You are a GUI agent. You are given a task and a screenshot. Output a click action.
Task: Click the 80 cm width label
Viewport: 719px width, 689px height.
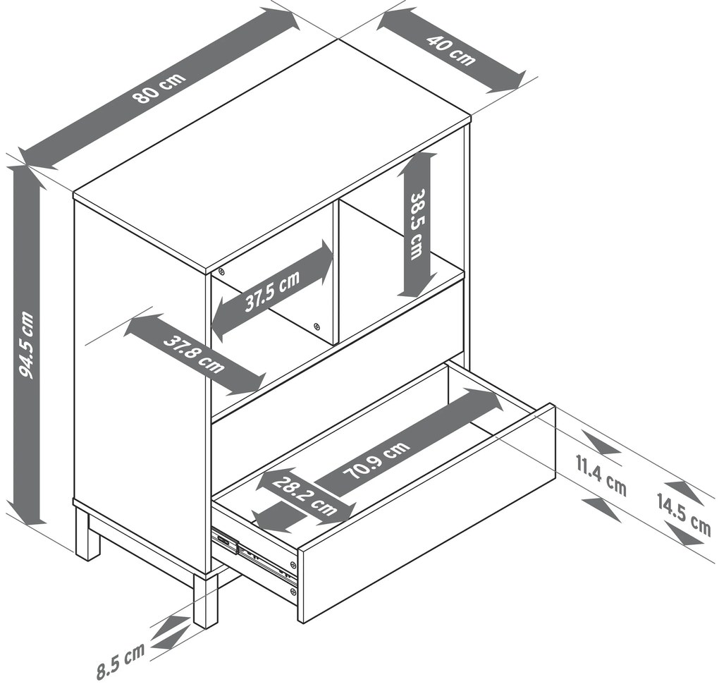pos(159,87)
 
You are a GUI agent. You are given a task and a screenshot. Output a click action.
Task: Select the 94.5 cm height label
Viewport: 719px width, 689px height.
pos(27,345)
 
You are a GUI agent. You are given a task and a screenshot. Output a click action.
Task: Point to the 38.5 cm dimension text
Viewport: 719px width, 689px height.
pos(418,225)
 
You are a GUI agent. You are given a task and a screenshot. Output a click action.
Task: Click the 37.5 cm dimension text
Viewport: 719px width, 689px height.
pos(272,291)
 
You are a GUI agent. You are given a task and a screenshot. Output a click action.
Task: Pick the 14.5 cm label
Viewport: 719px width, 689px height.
pos(684,515)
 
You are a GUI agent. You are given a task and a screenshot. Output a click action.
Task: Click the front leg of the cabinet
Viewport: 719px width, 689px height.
pos(205,599)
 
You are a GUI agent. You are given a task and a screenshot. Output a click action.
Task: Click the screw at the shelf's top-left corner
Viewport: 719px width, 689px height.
pos(221,271)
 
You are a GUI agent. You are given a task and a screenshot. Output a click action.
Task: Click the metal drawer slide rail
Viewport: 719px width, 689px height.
pos(255,555)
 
